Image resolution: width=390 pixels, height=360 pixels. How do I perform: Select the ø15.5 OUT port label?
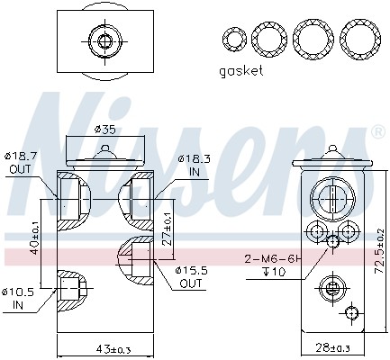tap(190, 276)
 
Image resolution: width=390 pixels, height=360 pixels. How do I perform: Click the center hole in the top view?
tap(101, 40)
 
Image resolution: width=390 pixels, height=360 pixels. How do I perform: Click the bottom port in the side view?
tap(331, 289)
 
